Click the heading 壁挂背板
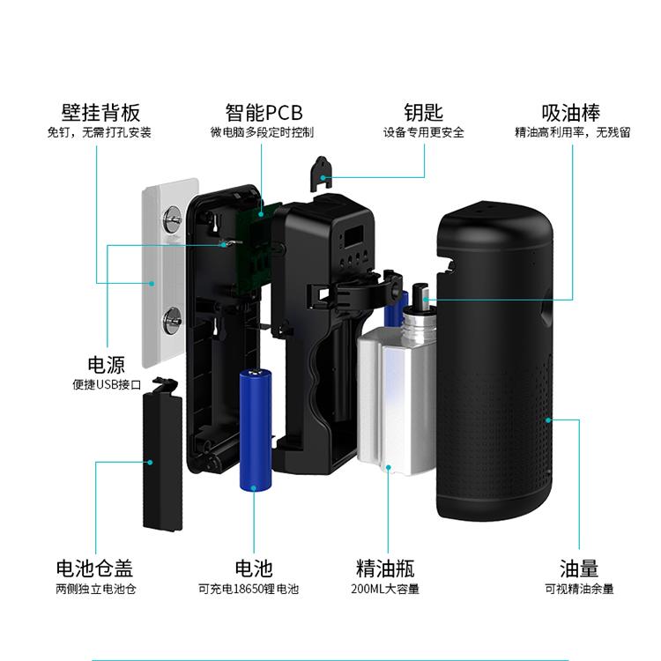(101, 113)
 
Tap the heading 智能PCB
(264, 113)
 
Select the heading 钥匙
(423, 113)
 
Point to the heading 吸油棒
(571, 113)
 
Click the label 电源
(106, 365)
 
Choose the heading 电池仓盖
(94, 568)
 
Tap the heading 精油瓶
(385, 568)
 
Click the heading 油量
(579, 568)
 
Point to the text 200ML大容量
(385, 589)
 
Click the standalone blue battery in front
(254, 428)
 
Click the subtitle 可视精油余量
(579, 589)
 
